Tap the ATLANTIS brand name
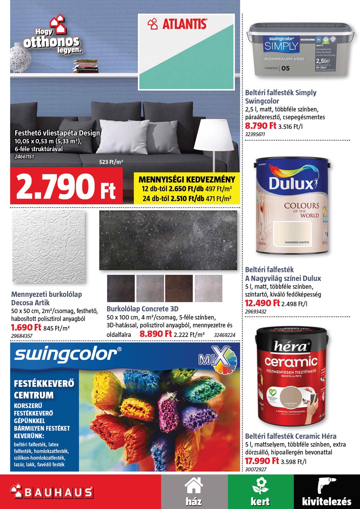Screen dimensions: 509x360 [184, 24]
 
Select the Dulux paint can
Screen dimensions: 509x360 [292, 206]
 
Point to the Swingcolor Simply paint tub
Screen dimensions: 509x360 [300, 50]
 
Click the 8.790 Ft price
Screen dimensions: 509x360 [260, 126]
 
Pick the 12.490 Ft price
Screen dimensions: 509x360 [262, 303]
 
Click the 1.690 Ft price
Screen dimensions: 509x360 [26, 328]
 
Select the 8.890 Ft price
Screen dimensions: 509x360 [156, 334]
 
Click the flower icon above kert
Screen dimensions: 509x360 [260, 485]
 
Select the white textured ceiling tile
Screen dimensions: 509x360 [49, 246]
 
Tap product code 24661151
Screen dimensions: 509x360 [24, 156]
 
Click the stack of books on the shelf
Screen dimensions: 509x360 [86, 66]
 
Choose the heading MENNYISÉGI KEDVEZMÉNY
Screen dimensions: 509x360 [187, 180]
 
